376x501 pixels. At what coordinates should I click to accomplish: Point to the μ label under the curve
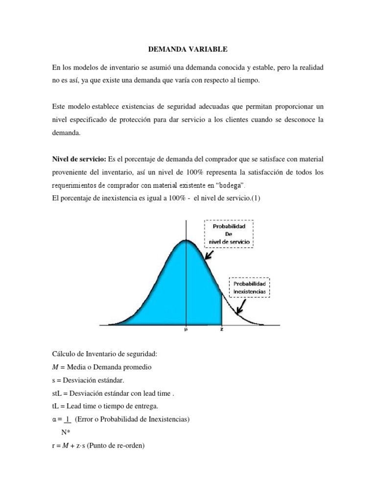pos(186,330)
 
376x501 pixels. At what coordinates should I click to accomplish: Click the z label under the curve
pos(222,330)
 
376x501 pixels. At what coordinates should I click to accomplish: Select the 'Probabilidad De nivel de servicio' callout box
pos(229,234)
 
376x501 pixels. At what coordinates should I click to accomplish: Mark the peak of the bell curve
pos(186,240)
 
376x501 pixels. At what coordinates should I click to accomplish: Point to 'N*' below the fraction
pos(66,432)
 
